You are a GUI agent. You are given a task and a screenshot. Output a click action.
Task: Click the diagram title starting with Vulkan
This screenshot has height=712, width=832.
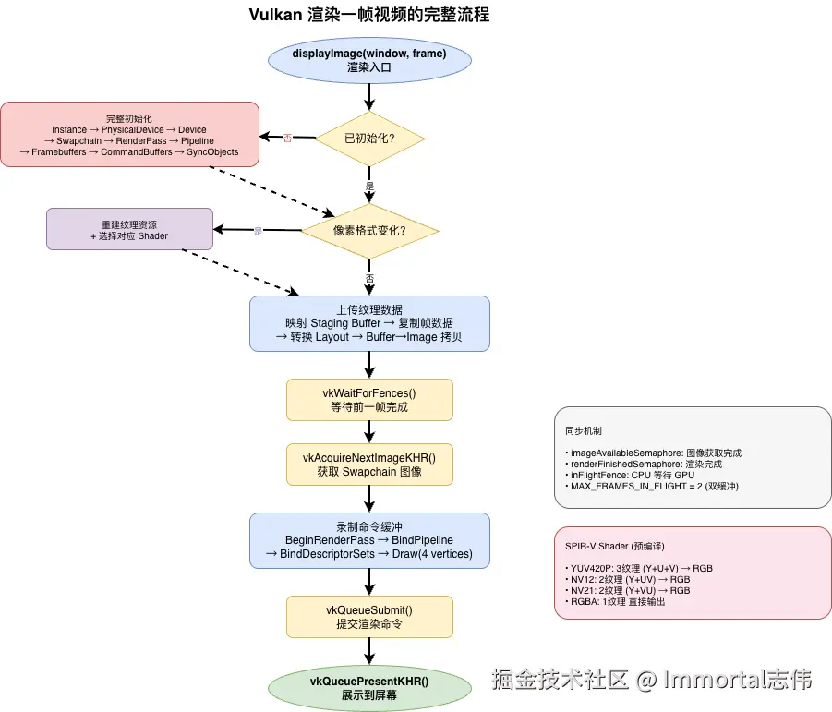(369, 15)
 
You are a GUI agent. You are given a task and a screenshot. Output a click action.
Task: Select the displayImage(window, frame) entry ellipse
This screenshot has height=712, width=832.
(369, 60)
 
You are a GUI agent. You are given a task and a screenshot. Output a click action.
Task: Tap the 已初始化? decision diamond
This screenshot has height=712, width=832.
(369, 138)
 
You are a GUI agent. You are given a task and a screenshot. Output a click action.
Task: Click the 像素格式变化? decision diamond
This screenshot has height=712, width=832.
(369, 230)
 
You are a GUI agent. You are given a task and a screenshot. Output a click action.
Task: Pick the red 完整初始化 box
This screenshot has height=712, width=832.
(129, 135)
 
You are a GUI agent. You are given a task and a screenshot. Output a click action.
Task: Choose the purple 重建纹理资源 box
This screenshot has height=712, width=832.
(129, 228)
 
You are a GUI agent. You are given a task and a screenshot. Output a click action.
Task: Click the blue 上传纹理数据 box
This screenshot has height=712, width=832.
(369, 323)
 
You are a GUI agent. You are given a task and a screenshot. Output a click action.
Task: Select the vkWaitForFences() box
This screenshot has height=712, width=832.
(369, 399)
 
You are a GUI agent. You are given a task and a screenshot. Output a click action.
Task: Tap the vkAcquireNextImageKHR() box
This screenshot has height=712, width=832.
(369, 464)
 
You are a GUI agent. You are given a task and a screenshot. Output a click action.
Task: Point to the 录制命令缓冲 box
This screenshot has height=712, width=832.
(369, 539)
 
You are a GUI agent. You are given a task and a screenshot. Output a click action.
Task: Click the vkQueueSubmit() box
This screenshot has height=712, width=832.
(369, 616)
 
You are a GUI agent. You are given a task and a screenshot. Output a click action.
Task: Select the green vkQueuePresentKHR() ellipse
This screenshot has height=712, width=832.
(369, 688)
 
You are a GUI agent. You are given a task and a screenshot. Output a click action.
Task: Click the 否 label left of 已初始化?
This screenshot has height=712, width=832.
(287, 139)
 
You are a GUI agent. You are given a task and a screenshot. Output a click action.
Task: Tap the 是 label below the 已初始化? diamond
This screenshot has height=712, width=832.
(369, 186)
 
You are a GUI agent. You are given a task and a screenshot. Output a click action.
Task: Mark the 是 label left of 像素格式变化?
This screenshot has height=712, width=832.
(258, 231)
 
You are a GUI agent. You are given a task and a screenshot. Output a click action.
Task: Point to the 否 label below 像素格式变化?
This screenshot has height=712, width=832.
(369, 278)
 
